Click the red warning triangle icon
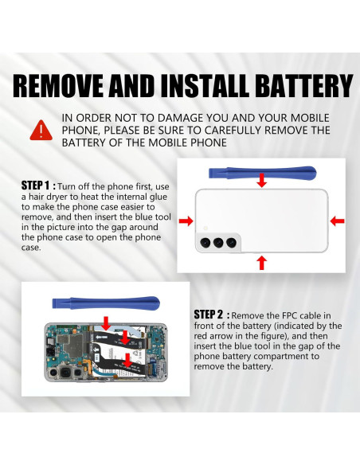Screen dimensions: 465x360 [38, 130]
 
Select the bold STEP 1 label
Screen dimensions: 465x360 [37, 185]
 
